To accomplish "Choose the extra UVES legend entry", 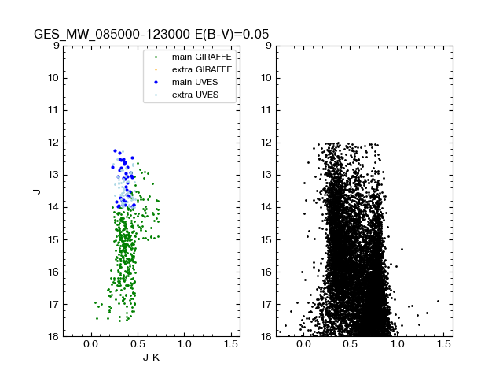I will tap(193, 94).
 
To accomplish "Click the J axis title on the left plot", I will tap(36, 191).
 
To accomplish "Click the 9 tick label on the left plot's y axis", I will tap(55, 46).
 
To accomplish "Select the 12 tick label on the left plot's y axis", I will tap(53, 143).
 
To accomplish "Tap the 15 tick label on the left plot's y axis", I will tap(53, 239).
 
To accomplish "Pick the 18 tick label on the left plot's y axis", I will tap(53, 336).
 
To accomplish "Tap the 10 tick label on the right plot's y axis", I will tap(266, 78).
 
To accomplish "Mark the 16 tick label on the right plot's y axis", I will tap(266, 272).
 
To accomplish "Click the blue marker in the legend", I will tap(156, 82).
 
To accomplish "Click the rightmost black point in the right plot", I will tap(438, 301).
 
